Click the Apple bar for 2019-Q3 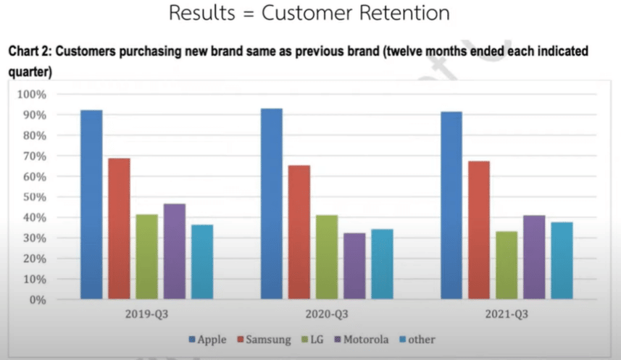pos(91,204)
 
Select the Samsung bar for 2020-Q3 pos(299,232)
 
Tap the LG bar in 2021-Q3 pos(507,265)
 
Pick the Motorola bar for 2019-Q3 pos(174,251)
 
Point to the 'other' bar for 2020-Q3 pos(382,264)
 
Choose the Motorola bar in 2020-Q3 pos(354,266)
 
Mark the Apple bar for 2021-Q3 pos(451,205)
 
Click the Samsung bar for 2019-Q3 pos(119,228)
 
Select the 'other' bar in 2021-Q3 pos(562,261)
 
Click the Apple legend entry pos(207,340)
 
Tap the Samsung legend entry pos(264,340)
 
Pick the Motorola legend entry pos(362,340)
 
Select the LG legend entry pos(313,340)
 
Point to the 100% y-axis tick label pos(32,95)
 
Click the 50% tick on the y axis pos(35,197)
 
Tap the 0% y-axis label pos(38,300)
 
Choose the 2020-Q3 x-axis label pos(327,314)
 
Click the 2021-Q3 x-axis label pos(507,314)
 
